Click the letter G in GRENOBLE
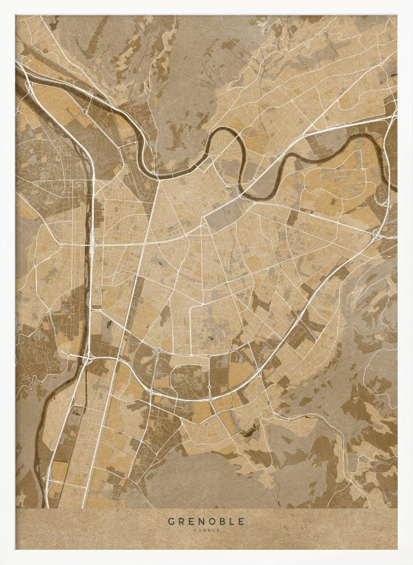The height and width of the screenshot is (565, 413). pos(170,521)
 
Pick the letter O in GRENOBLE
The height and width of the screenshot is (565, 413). pos(212,521)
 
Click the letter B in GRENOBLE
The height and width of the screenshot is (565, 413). pos(223,521)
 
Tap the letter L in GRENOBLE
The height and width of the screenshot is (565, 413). pos(232,521)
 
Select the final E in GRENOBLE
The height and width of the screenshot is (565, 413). pos(242,521)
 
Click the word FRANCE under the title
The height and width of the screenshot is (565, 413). pos(206,530)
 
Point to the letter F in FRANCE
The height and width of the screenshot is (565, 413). pos(195,530)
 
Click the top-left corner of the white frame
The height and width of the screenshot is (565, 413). pos(2,2)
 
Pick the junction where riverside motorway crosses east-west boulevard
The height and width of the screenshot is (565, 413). pos(92,245)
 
